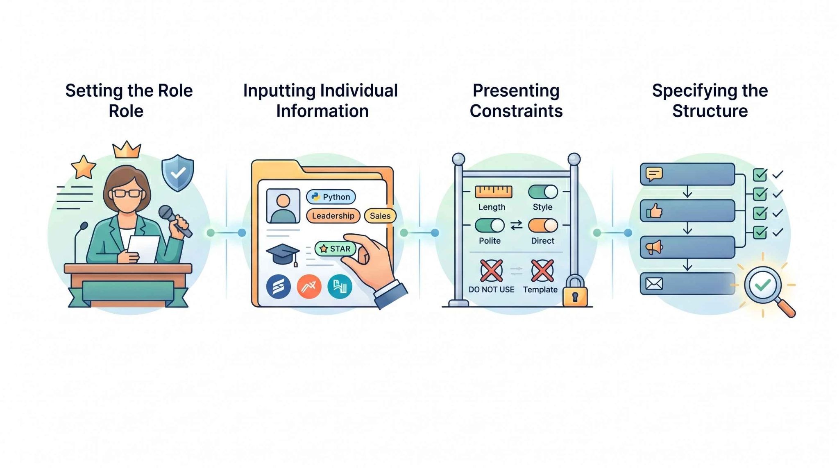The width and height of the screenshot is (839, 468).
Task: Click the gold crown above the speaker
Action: tap(127, 150)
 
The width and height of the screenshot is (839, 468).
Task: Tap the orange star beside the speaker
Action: tap(84, 167)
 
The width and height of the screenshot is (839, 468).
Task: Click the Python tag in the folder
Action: tap(331, 197)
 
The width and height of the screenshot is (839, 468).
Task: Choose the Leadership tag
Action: tap(333, 216)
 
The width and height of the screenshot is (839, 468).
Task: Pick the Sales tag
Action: tap(380, 216)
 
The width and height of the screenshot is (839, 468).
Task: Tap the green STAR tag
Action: tap(336, 249)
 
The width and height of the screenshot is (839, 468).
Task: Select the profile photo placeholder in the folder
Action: tap(283, 206)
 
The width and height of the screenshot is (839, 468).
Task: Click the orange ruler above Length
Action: tap(493, 192)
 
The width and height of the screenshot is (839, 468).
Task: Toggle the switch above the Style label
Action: tap(543, 192)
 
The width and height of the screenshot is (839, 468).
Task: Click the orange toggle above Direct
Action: tap(543, 225)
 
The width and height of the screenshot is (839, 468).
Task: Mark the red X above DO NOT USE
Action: tap(491, 270)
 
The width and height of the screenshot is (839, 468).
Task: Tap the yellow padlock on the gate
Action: tap(575, 291)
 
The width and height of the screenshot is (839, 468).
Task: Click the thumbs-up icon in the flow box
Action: tap(654, 211)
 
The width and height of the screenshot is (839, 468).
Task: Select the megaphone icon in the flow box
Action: tap(654, 247)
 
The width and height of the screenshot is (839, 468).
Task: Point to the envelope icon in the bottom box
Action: tap(654, 283)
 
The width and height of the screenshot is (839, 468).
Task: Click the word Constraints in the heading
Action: tap(516, 111)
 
